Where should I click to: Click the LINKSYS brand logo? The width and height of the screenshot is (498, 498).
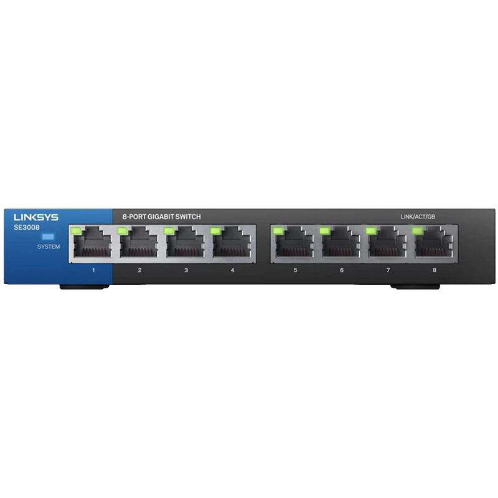[x=36, y=217]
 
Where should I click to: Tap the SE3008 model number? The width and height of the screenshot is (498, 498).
[x=27, y=227]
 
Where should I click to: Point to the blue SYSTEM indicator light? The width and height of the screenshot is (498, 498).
[x=49, y=237]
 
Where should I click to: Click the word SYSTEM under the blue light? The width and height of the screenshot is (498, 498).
[x=49, y=247]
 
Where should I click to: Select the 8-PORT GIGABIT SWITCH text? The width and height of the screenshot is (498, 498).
[x=162, y=217]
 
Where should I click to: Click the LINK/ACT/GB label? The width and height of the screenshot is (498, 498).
[x=418, y=217]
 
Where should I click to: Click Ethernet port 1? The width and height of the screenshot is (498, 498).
[x=92, y=242]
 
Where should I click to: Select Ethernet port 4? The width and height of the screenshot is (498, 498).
[x=232, y=242]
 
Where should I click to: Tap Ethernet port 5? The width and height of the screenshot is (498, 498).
[x=294, y=242]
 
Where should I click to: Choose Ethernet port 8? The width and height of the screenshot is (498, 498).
[x=434, y=242]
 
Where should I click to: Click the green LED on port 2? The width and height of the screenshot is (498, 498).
[x=123, y=230]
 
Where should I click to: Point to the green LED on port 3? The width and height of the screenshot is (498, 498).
[x=169, y=230]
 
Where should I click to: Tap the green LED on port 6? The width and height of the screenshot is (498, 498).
[x=325, y=230]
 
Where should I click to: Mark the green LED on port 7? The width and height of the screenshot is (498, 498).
[x=371, y=230]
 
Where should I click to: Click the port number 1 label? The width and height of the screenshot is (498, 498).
[x=93, y=270]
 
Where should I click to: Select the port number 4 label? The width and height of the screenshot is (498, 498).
[x=232, y=270]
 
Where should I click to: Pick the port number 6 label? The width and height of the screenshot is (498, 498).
[x=342, y=270]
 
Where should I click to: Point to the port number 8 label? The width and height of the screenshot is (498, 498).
[x=435, y=270]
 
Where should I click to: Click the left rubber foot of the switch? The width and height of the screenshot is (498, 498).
[x=85, y=287]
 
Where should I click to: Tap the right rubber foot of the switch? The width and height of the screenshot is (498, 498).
[x=415, y=287]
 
